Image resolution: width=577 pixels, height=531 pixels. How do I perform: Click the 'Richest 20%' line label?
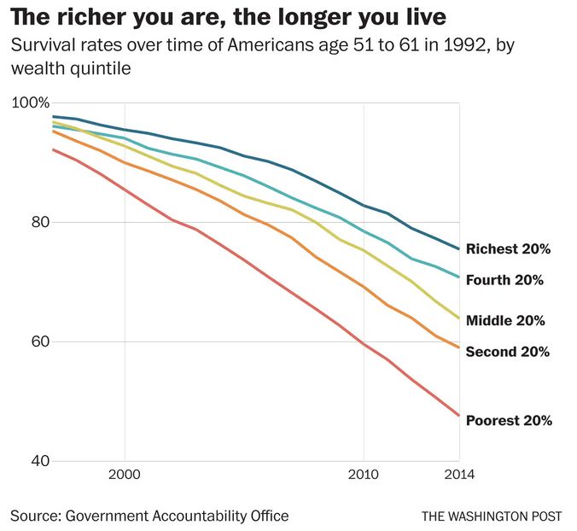508,250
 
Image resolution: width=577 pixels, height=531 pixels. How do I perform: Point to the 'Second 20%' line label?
507,352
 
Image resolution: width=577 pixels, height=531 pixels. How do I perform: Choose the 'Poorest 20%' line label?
509,420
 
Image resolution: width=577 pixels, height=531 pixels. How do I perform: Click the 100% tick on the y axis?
31,103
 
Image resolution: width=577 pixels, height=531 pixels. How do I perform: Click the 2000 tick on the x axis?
125,474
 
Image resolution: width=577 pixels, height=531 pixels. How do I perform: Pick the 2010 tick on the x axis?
364,474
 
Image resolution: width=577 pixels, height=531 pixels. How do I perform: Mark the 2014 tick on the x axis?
458,474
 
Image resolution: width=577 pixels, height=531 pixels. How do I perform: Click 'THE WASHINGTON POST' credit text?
492,516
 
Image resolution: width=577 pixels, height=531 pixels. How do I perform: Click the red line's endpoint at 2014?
459,416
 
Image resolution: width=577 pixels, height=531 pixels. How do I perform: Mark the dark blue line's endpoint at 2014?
459,249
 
